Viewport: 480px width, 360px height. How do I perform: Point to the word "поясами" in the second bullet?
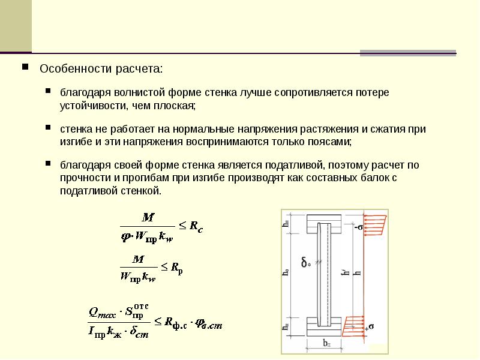(329, 142)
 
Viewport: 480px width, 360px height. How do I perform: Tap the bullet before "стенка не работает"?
(48, 128)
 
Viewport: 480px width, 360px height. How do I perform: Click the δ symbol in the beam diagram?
(305, 262)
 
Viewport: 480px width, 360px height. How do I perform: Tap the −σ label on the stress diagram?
(358, 227)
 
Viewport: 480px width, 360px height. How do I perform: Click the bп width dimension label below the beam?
(326, 344)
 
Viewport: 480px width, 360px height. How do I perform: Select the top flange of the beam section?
(325, 226)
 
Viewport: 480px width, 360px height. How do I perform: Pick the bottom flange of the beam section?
(325, 325)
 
